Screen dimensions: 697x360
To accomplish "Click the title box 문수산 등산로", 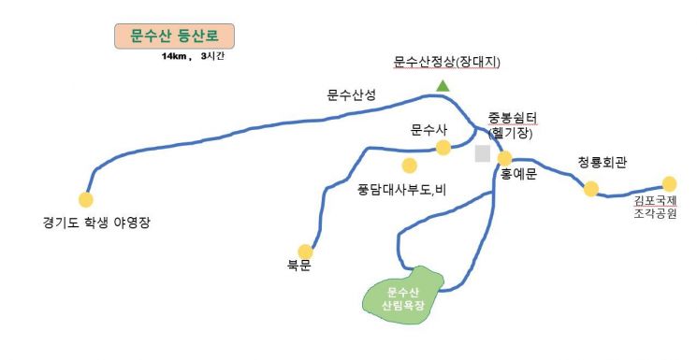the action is click(175, 36).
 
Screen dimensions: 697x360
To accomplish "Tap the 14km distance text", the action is click(175, 57).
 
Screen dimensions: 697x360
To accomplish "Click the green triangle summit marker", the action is click(443, 86).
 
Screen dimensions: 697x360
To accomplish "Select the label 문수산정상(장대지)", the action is click(448, 63).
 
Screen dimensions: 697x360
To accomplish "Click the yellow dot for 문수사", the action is click(443, 147).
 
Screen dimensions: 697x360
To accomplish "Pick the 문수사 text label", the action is click(430, 129).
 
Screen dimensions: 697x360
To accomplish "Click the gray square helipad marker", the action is click(483, 153).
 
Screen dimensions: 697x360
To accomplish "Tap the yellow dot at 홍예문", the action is click(505, 158).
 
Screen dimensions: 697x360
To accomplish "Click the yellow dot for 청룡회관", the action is click(591, 189).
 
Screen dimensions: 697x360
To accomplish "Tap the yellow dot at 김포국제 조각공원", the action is click(669, 183).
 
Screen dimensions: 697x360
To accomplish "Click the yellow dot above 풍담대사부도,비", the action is click(409, 166).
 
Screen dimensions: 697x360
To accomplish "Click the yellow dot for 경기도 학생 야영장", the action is click(86, 199).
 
